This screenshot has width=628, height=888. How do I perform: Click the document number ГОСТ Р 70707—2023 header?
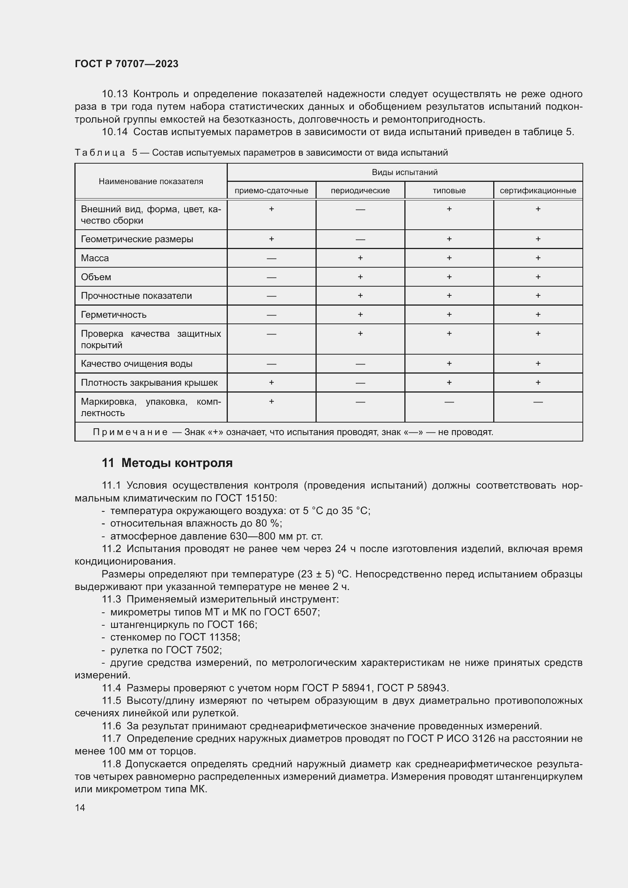pyautogui.click(x=126, y=64)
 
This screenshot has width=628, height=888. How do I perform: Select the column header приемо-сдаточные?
pyautogui.click(x=271, y=191)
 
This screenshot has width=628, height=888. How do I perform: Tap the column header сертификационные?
pyautogui.click(x=538, y=191)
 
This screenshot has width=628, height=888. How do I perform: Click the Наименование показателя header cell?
pyautogui.click(x=151, y=181)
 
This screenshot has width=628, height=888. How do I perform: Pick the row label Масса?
pyautogui.click(x=95, y=258)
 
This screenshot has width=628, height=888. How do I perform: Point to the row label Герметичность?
pyautogui.click(x=114, y=314)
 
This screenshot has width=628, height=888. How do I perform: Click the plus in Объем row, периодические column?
pyautogui.click(x=360, y=277)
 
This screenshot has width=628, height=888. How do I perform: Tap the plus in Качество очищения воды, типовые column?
pyautogui.click(x=449, y=364)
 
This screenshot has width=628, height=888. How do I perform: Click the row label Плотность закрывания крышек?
pyautogui.click(x=149, y=383)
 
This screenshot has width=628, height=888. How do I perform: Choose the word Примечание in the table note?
pyautogui.click(x=130, y=432)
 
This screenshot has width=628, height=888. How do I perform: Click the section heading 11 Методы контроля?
pyautogui.click(x=167, y=463)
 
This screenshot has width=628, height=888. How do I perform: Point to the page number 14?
pyautogui.click(x=80, y=808)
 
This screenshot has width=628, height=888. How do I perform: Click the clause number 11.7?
pyautogui.click(x=111, y=739)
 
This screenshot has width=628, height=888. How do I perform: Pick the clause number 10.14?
pyautogui.click(x=114, y=132)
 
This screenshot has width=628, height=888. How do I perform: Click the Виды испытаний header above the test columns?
pyautogui.click(x=404, y=172)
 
